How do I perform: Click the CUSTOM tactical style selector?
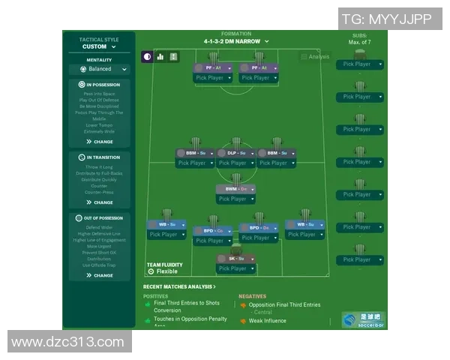[x=99, y=46]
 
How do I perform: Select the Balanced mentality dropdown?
[x=100, y=69]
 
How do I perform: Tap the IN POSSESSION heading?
[x=100, y=85]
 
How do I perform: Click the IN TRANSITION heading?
[x=100, y=157]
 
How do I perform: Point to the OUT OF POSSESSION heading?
[x=100, y=218]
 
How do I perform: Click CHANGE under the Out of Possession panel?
[x=100, y=275]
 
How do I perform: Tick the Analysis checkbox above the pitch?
[x=304, y=57]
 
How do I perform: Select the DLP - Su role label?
[x=232, y=153]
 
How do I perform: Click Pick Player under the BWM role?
[x=232, y=199]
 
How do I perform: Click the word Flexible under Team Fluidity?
[x=166, y=271]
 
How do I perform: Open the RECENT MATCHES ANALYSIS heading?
[x=179, y=286]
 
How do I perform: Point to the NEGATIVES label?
[x=252, y=296]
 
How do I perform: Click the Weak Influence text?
[x=268, y=321]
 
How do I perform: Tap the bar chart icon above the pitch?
[x=160, y=56]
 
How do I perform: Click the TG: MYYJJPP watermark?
[x=386, y=19]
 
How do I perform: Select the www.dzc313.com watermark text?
[x=68, y=342]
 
